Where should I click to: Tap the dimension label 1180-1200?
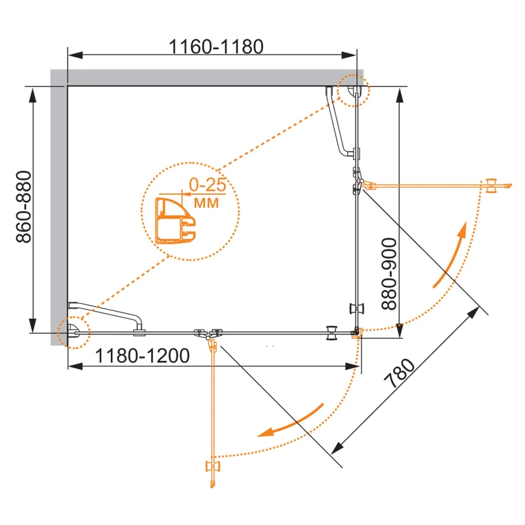142,356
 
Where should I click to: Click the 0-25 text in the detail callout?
207,186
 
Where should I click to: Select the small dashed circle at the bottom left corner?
73,332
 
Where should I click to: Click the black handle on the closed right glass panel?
358,309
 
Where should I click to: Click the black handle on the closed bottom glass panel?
333,333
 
